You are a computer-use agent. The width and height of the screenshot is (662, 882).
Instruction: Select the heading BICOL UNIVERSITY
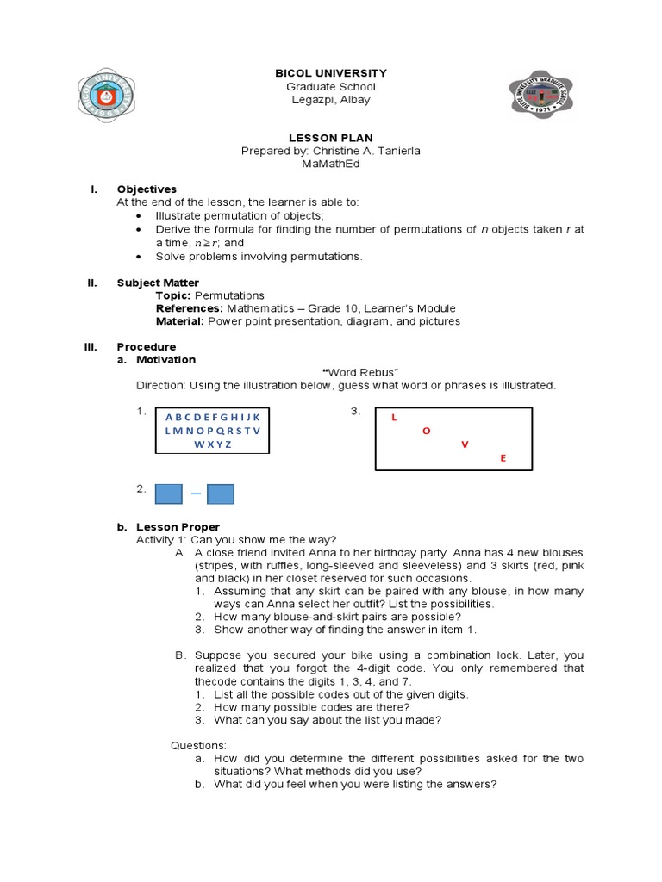(330, 73)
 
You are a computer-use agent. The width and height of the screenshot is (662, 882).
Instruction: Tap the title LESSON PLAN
(330, 138)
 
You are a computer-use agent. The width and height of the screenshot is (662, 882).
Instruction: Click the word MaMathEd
(330, 165)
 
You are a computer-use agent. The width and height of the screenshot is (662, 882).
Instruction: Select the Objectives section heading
(147, 189)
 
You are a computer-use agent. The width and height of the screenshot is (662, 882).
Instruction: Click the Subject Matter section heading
(158, 283)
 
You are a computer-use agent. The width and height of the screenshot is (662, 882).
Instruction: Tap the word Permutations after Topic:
(230, 295)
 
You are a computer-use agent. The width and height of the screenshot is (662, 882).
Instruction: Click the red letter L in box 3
(394, 418)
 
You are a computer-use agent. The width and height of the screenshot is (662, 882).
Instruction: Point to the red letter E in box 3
(503, 459)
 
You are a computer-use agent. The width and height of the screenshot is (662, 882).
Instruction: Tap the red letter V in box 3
(465, 444)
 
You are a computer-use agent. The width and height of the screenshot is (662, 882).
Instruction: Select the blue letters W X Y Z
(212, 444)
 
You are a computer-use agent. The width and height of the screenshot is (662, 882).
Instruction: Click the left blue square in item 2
(169, 494)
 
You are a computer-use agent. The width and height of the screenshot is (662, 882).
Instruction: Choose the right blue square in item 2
(221, 494)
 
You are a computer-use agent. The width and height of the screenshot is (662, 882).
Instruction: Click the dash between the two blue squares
(196, 494)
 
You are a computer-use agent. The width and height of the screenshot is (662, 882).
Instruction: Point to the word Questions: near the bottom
(198, 745)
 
